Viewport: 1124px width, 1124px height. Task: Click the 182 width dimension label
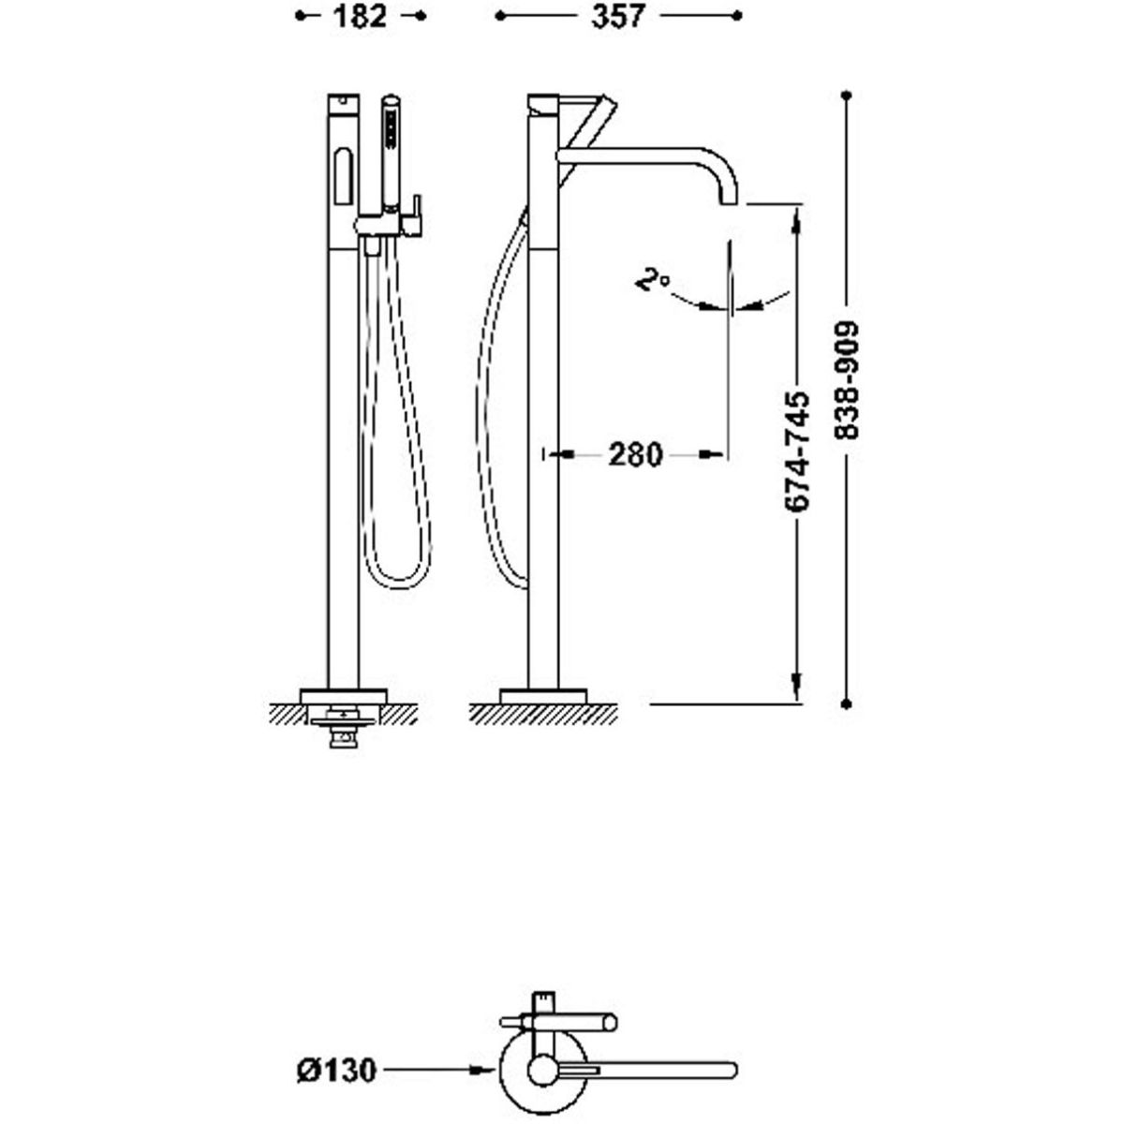(360, 16)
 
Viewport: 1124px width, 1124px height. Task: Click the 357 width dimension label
(617, 16)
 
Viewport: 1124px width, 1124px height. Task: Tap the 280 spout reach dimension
(636, 453)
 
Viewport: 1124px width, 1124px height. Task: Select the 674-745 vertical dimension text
(797, 452)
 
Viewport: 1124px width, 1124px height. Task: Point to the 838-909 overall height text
(847, 380)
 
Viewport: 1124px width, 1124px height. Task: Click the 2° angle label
(653, 279)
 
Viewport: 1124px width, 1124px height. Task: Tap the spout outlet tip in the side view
(729, 202)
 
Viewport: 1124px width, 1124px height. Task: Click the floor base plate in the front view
(344, 697)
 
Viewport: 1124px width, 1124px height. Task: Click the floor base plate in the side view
(543, 697)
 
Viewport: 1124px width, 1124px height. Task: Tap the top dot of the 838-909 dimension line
(847, 95)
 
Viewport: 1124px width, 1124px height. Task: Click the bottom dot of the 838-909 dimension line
(847, 704)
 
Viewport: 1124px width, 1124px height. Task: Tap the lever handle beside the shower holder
(415, 214)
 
